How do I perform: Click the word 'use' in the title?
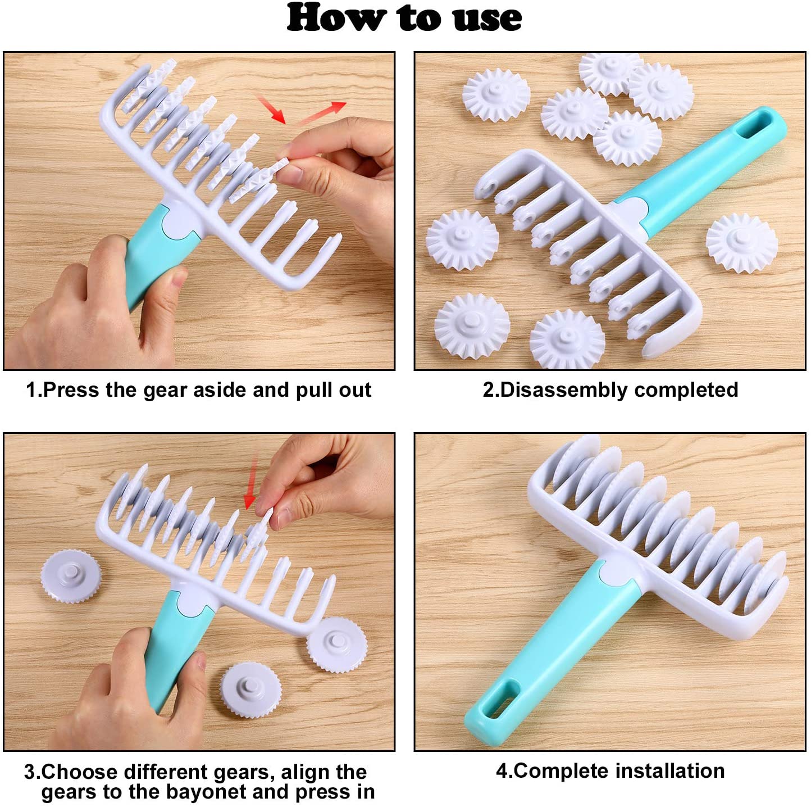[487, 18]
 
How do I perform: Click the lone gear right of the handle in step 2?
[741, 243]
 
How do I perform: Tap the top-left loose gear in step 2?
[496, 94]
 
